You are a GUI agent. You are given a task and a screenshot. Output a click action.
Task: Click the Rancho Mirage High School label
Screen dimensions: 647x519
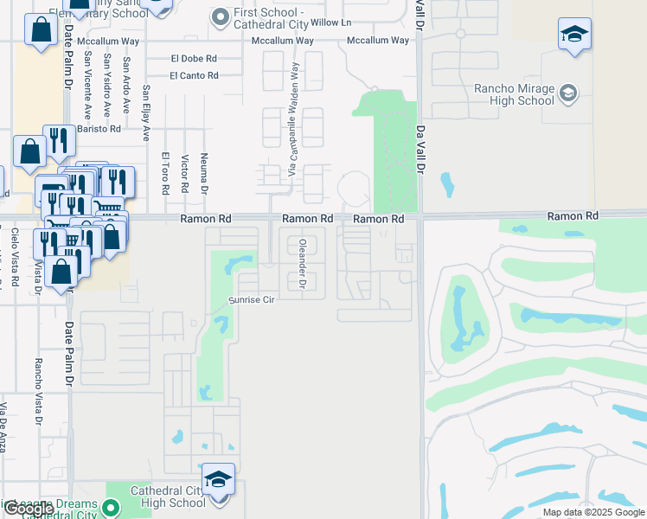click(x=514, y=94)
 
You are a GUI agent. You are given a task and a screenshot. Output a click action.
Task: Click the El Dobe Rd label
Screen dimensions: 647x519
click(x=194, y=59)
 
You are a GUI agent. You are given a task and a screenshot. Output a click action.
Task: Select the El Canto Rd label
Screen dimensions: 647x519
click(x=194, y=76)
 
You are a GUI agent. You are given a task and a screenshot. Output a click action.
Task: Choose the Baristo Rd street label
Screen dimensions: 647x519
click(x=99, y=129)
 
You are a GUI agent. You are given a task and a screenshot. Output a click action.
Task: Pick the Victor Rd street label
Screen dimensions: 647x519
click(x=185, y=174)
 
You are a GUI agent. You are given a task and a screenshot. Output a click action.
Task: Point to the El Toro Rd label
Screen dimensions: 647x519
click(x=164, y=172)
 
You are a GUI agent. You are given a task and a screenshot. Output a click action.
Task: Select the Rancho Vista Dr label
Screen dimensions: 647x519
click(x=38, y=392)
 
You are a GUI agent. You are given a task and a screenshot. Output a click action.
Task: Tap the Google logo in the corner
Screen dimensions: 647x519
click(x=28, y=509)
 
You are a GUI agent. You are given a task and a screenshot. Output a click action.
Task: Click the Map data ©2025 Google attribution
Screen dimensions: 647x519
click(x=593, y=512)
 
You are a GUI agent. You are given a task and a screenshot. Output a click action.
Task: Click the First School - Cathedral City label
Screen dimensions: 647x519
click(x=269, y=20)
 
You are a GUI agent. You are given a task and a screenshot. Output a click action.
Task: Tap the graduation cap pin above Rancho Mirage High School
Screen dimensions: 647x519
click(x=574, y=35)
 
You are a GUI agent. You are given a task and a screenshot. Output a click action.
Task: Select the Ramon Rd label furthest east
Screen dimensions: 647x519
click(x=573, y=215)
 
